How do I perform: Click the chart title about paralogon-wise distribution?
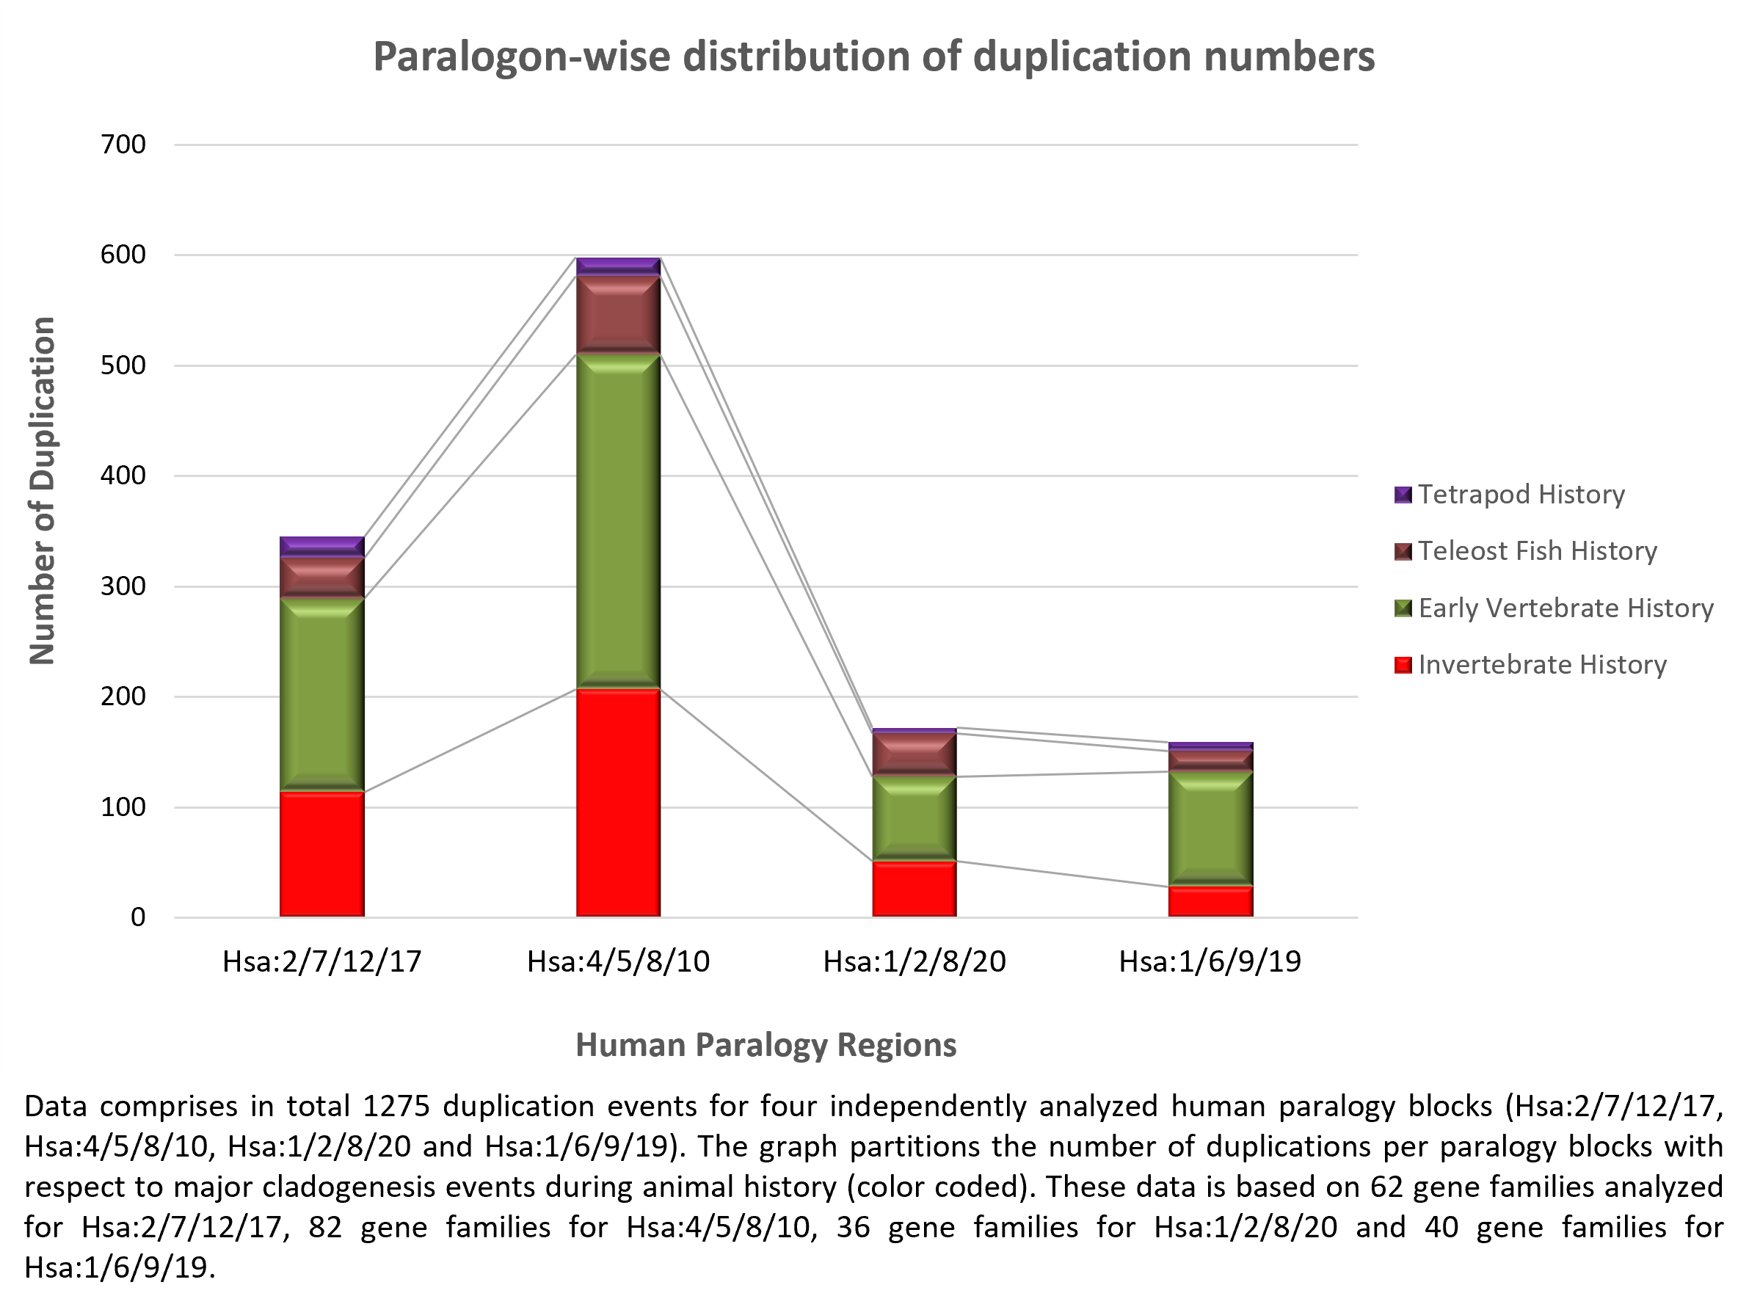873,57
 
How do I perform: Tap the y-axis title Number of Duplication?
43,490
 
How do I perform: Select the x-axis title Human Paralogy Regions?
766,1044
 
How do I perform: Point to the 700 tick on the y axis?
123,145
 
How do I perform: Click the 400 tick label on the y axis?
123,476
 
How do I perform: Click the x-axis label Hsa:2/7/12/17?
321,961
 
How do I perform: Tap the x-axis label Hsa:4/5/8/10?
618,961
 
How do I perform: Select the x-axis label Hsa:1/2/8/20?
914,961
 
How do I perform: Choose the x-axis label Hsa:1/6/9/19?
1210,961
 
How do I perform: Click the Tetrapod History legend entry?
1520,495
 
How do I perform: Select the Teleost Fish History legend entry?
1536,551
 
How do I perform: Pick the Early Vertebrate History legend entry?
1565,608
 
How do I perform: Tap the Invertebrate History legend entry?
1541,665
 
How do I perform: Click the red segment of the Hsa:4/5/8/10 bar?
618,803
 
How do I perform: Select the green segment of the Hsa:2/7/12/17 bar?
321,694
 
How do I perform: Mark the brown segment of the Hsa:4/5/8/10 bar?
618,315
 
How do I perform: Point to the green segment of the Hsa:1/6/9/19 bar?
1210,828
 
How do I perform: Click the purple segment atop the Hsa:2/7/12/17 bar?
321,547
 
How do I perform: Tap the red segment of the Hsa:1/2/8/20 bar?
914,889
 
